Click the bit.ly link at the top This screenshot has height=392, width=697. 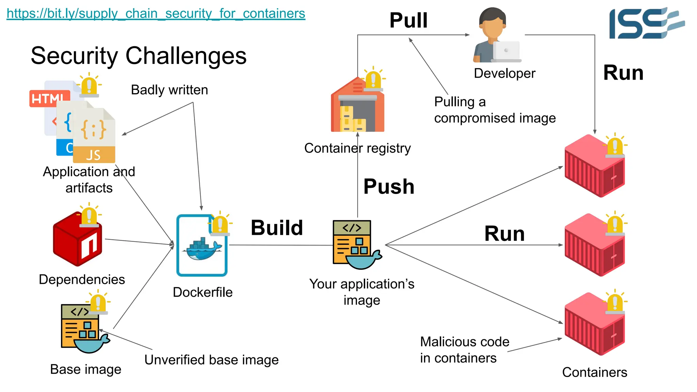[156, 14]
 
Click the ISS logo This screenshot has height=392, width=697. [646, 23]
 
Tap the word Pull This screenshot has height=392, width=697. [408, 20]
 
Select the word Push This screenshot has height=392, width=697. [389, 186]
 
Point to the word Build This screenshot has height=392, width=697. [277, 228]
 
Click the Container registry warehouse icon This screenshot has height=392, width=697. [357, 107]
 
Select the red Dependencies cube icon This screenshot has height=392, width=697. [78, 240]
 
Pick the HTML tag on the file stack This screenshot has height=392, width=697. [48, 99]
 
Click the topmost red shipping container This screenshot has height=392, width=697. [594, 167]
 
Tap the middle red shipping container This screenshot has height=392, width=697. [594, 246]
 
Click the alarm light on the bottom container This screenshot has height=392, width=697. [615, 302]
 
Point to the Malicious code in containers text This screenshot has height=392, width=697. [464, 350]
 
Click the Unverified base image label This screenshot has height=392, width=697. [211, 360]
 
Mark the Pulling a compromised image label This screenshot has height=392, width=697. [494, 110]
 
